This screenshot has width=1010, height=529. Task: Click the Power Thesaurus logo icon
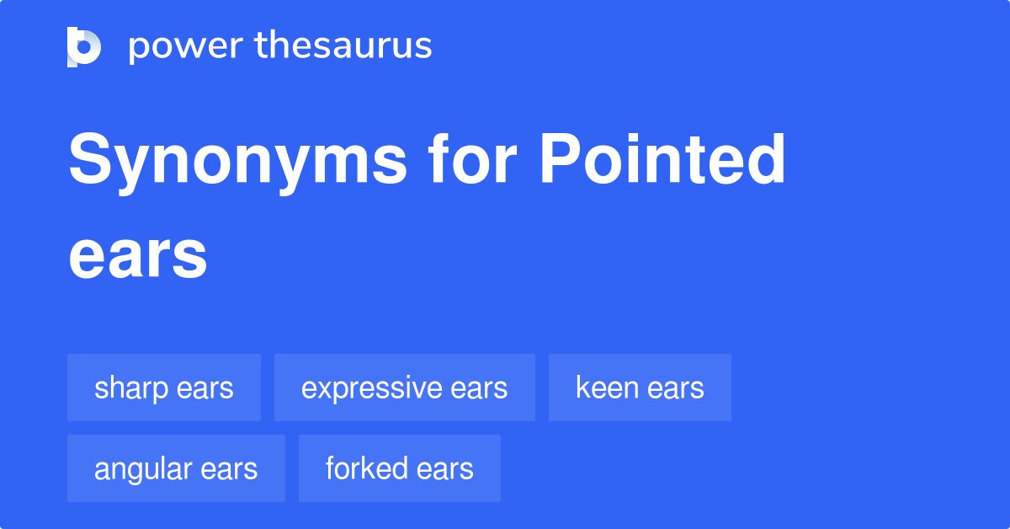(84, 46)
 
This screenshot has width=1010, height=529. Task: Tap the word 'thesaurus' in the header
(343, 46)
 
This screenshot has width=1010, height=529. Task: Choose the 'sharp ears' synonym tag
(164, 387)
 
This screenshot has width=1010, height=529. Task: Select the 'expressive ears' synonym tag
(405, 387)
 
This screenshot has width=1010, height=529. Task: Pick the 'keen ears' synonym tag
(640, 387)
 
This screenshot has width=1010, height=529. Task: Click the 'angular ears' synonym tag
(176, 468)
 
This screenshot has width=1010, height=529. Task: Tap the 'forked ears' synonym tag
(400, 468)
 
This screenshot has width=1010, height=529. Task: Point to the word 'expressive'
(372, 388)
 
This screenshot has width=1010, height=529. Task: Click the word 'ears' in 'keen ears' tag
(677, 388)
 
